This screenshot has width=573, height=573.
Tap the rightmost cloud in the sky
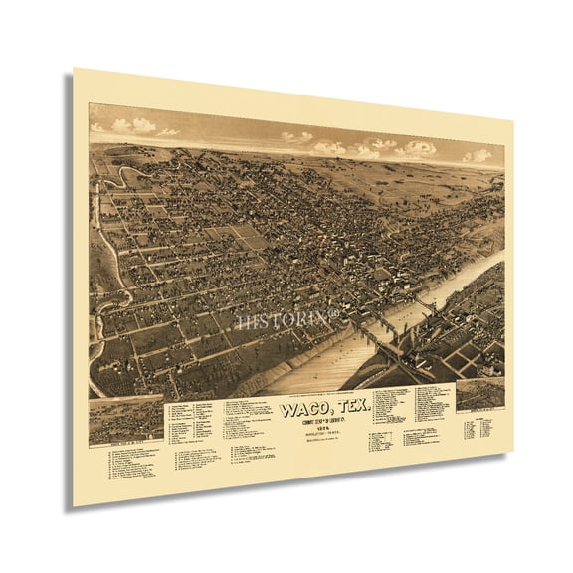477,155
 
